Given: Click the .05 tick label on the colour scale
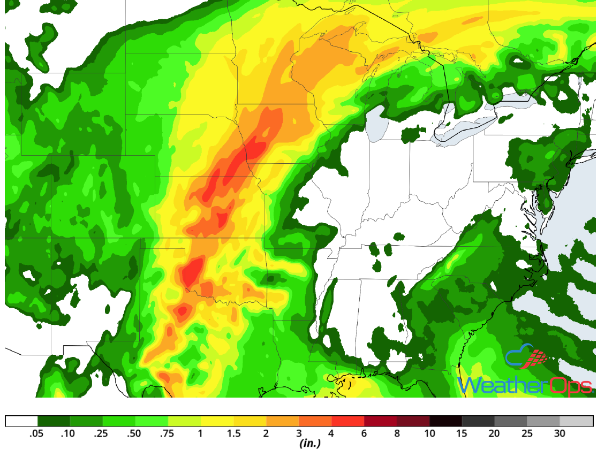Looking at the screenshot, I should pos(37,433).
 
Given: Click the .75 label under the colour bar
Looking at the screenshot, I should pos(168,433).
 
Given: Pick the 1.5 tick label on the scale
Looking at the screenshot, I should pos(233,433).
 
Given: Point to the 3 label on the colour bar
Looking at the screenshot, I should pos(299,433).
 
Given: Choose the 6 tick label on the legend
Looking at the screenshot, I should pos(364,433).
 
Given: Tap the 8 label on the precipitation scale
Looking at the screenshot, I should pos(397,433).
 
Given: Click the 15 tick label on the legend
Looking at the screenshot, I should pos(462,433).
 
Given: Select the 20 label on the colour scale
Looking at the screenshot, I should pos(495,433).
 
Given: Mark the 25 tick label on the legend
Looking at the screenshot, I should pos(527,433).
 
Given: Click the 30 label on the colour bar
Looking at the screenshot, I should pos(560,433).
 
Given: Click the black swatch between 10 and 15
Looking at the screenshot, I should pos(445,421).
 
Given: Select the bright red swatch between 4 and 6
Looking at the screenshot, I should pos(347,421).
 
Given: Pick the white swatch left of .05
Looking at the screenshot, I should pos(21,421).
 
